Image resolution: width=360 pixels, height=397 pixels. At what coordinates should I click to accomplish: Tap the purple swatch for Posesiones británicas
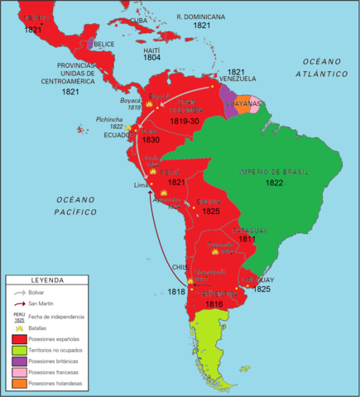[x=17, y=361]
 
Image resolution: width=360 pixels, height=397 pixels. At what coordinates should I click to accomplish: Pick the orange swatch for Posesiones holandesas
[x=17, y=384]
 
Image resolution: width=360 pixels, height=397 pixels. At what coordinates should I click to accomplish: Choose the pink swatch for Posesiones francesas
[x=17, y=373]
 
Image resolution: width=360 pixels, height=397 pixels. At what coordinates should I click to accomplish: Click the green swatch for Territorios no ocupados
[x=17, y=350]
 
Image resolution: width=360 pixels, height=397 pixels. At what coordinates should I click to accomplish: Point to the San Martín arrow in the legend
[x=17, y=304]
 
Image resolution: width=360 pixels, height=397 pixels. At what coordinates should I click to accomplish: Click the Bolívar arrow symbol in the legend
[x=17, y=293]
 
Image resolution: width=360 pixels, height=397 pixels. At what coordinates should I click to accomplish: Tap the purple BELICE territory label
[x=104, y=44]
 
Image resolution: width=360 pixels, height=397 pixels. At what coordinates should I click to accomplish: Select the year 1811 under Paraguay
[x=247, y=238]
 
